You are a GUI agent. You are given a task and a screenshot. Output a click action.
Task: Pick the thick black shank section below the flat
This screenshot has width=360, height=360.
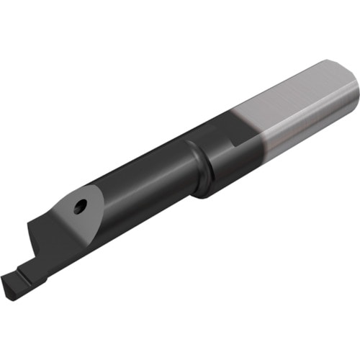230,158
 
